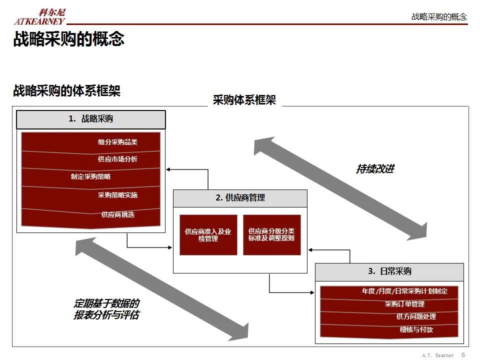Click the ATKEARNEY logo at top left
(39, 17)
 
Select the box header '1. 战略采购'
(91, 119)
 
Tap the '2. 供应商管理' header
(240, 198)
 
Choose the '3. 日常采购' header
(389, 271)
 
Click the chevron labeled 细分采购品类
(91, 142)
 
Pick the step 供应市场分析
(91, 159)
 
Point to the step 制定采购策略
(91, 176)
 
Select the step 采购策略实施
(91, 195)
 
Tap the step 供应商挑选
(91, 215)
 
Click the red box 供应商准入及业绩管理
(208, 235)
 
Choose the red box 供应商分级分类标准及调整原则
(271, 235)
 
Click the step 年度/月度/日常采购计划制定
(389, 291)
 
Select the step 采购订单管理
(389, 304)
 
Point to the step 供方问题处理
(389, 316)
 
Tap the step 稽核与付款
(389, 329)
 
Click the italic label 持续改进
(375, 169)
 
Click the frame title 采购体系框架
(244, 100)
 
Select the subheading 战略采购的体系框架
(67, 91)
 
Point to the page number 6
(463, 354)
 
